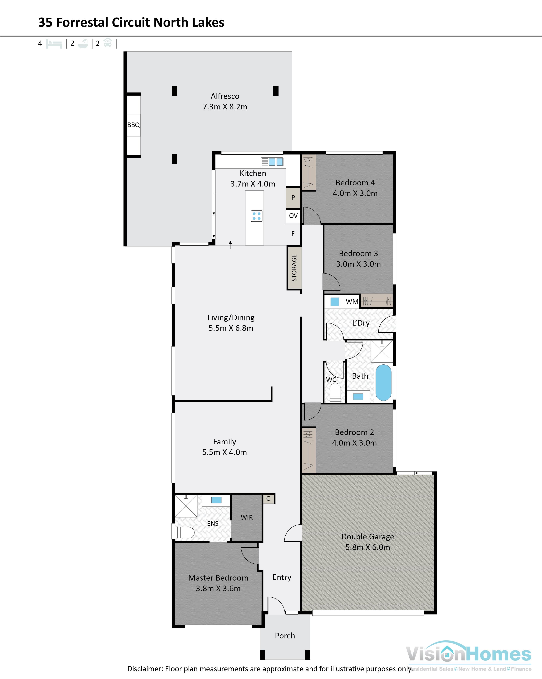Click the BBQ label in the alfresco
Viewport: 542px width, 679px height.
(x=133, y=125)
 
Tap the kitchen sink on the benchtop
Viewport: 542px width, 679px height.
(x=272, y=162)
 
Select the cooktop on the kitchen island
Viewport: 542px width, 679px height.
(x=257, y=216)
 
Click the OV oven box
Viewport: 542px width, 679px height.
(x=293, y=216)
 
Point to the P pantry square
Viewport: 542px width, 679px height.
(x=293, y=198)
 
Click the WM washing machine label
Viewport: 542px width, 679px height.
(x=352, y=302)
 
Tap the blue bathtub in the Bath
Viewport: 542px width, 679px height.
(x=383, y=383)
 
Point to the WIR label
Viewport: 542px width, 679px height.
(x=247, y=517)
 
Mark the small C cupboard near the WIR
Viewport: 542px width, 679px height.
(x=268, y=499)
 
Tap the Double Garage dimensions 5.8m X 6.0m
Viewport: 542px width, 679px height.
(x=368, y=547)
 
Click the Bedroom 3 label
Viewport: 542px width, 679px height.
(x=358, y=253)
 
